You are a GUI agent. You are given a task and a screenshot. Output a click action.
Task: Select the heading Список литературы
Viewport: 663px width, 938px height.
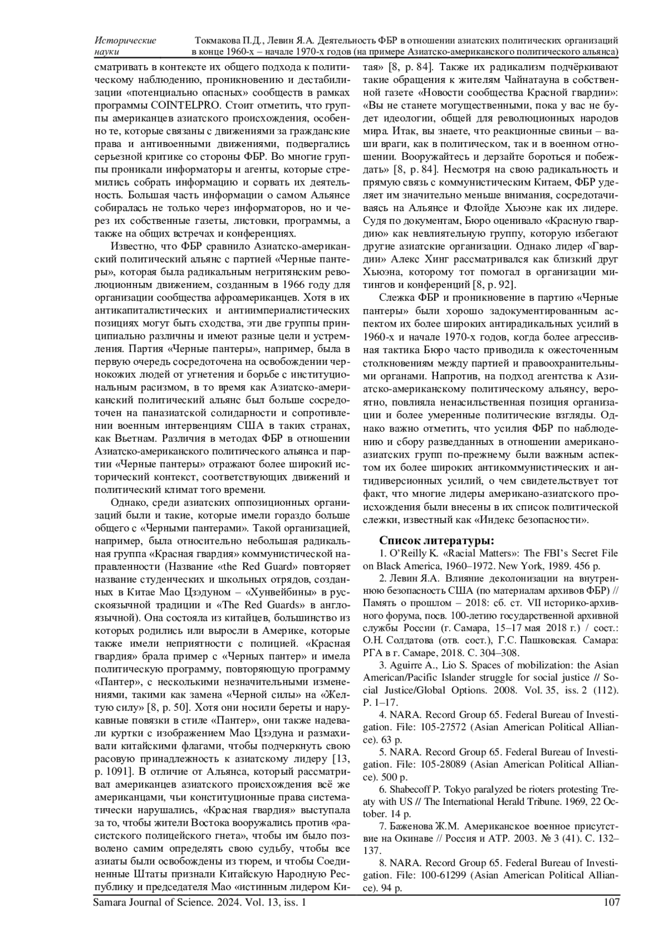pyautogui.click(x=436, y=540)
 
